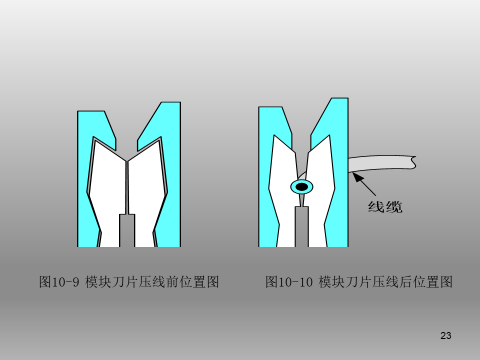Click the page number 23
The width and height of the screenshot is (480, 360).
click(x=445, y=335)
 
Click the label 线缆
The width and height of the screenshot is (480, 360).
click(x=385, y=207)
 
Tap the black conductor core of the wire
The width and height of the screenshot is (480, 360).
click(x=302, y=186)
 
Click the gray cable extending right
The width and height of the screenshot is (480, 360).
click(x=382, y=163)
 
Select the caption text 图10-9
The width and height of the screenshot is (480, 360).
click(x=59, y=281)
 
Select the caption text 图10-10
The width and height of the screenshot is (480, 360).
click(x=288, y=281)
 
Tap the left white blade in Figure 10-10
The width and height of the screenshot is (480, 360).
click(x=283, y=196)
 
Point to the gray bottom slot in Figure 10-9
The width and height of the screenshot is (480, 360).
click(x=127, y=230)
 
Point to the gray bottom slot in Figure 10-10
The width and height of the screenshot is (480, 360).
click(x=302, y=227)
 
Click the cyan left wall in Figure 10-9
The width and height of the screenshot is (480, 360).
click(x=84, y=171)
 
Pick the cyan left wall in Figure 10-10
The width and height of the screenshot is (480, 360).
click(x=264, y=171)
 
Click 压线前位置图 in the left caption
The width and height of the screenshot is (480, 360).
click(x=178, y=281)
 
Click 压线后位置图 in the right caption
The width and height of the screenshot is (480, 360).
click(x=412, y=281)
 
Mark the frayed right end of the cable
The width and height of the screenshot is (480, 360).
click(x=414, y=162)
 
